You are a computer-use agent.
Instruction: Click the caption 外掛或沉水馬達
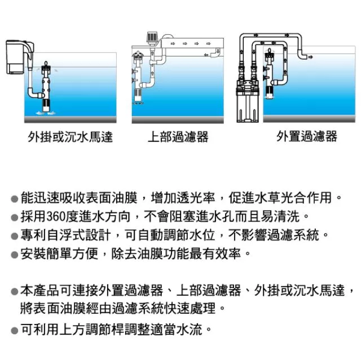point(70,137)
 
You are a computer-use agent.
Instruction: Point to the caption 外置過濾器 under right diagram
point(307,137)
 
